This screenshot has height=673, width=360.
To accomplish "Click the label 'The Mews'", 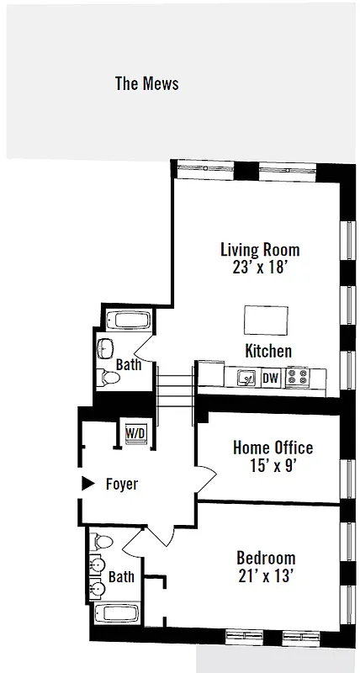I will click(146, 83).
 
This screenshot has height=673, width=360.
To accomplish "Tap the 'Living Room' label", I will click(259, 250).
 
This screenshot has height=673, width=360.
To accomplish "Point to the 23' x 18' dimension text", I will click(259, 268).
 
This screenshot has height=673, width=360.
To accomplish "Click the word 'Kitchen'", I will click(268, 351).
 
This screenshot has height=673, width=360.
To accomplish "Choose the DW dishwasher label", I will click(270, 378).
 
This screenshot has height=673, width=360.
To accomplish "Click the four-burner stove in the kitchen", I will click(297, 378).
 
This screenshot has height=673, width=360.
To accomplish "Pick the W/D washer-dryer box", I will click(135, 433).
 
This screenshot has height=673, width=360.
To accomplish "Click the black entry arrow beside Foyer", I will click(86, 484).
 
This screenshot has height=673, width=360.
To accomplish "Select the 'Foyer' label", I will click(121, 485).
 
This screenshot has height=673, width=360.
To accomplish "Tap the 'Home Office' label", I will click(273, 448).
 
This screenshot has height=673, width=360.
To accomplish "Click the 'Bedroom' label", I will click(266, 558).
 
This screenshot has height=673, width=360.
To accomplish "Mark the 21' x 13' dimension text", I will click(266, 575).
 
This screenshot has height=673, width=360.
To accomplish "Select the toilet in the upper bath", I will click(108, 378).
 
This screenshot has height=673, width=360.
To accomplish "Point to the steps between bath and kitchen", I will click(175, 389).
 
